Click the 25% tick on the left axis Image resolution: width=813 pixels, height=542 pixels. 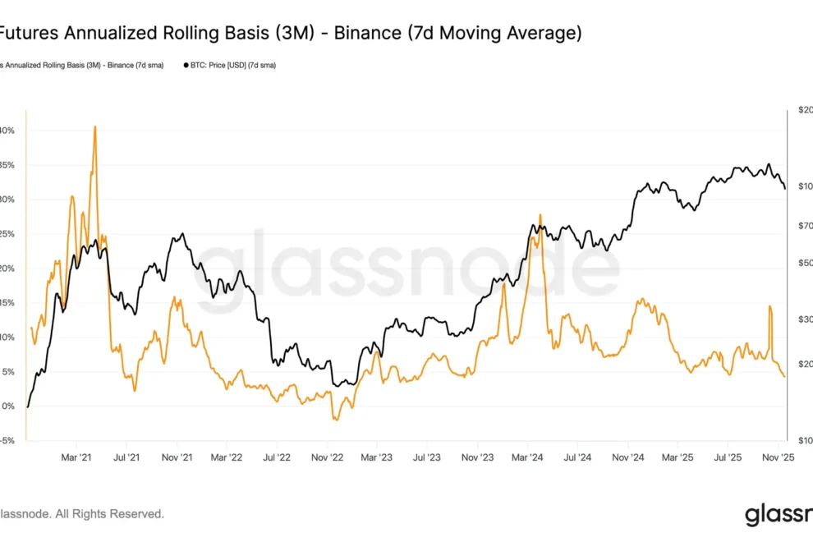(x=7, y=234)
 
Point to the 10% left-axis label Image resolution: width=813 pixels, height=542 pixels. (x=7, y=338)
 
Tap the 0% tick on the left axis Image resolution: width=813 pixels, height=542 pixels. (x=8, y=406)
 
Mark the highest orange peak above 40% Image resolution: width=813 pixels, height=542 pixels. (x=95, y=127)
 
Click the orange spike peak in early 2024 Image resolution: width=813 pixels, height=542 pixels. (x=540, y=215)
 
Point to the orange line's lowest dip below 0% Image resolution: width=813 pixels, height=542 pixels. (x=335, y=420)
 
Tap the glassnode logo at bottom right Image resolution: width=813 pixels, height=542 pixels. (x=776, y=515)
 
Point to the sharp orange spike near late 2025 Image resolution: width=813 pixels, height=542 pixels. (x=770, y=306)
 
